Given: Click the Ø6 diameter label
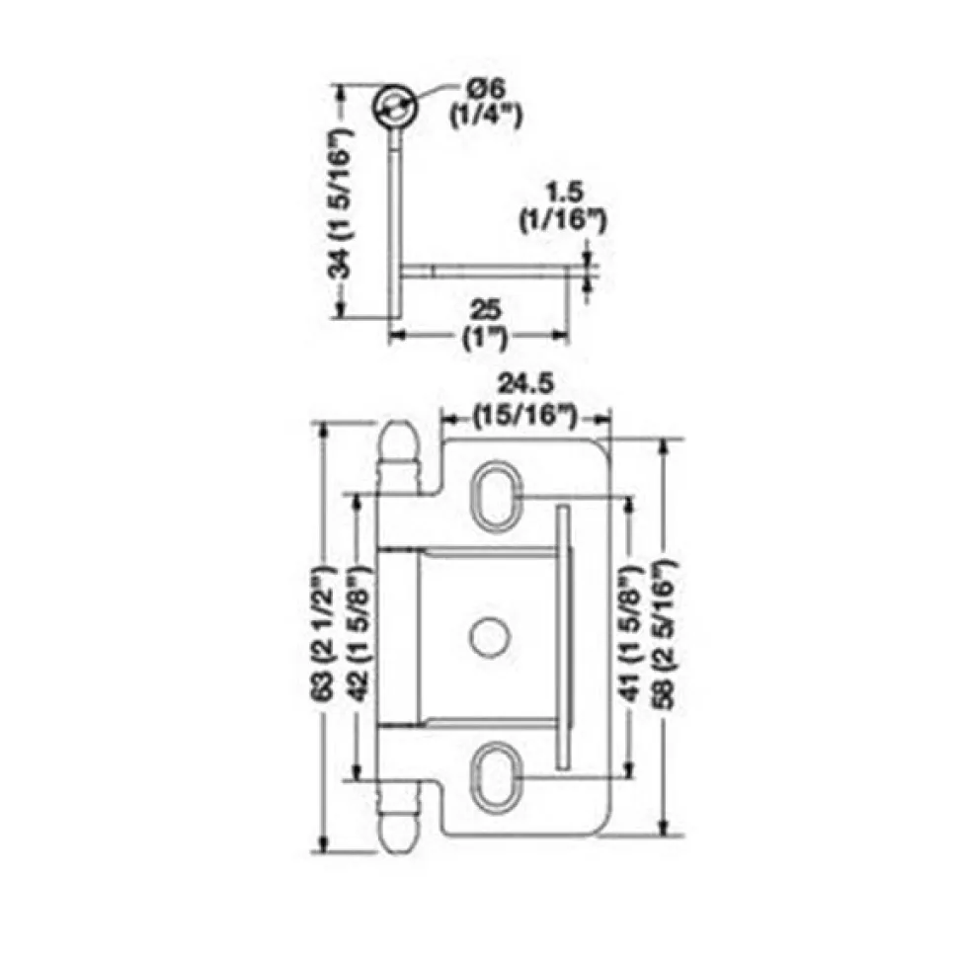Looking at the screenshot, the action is (487, 89).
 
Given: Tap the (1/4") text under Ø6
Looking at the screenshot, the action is (486, 116).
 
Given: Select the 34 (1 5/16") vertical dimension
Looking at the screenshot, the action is (341, 202).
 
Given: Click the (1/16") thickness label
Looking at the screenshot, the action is (563, 220).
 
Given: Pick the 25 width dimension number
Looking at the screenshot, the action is (486, 310).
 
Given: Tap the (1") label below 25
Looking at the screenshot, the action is (486, 337).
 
